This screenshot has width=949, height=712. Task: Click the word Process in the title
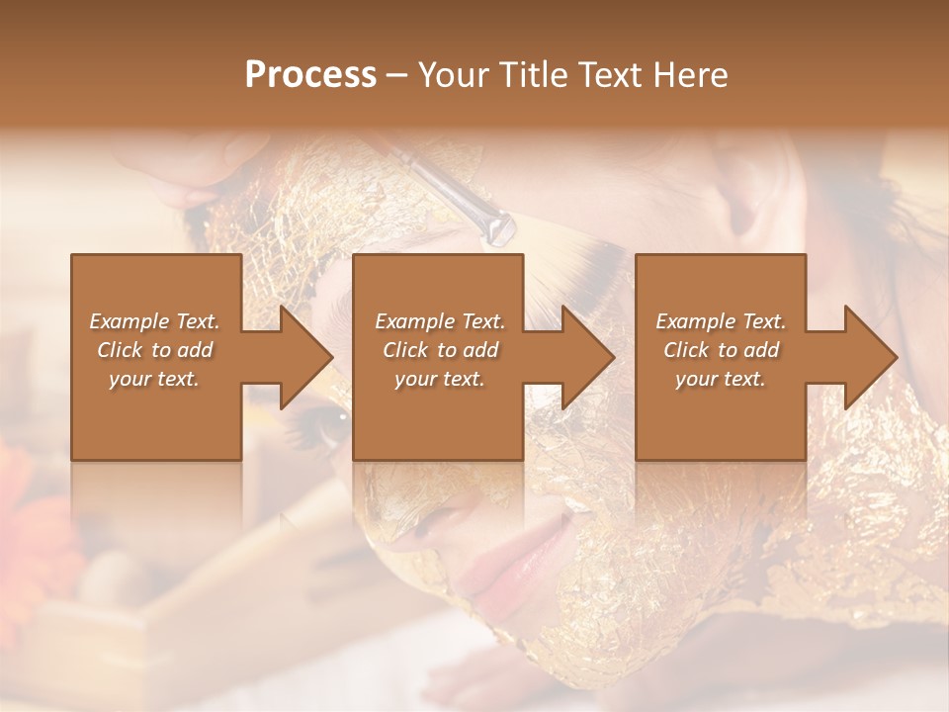coord(310,75)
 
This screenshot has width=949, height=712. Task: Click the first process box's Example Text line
coord(154,321)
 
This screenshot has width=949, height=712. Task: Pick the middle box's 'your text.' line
coord(440,379)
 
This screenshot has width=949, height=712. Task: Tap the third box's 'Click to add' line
coord(721,350)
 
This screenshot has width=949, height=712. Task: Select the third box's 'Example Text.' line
coord(721,321)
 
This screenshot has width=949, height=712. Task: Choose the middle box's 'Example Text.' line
coord(440,321)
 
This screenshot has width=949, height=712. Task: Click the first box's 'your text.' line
coord(154,379)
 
